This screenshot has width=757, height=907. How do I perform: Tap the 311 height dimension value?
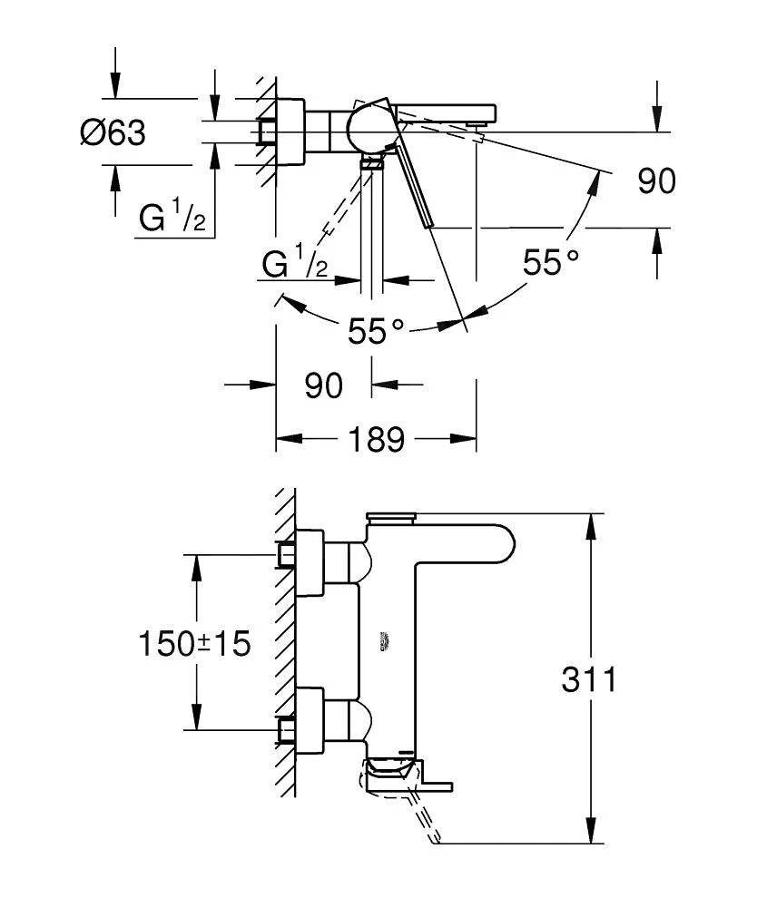587,679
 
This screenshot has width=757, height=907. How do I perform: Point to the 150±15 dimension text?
193,644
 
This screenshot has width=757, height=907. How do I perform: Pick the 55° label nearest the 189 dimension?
376,331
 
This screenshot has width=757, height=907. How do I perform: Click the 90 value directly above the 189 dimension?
323,385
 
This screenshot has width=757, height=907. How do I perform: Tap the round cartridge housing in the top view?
370,126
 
